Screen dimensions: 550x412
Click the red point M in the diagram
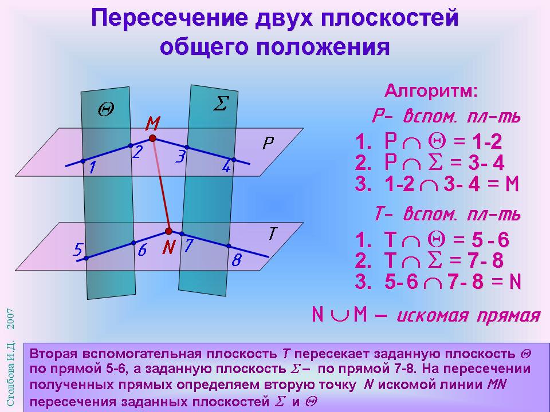pyautogui.click(x=152, y=138)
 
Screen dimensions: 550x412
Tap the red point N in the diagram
pyautogui.click(x=168, y=231)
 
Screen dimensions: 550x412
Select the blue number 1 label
pyautogui.click(x=92, y=168)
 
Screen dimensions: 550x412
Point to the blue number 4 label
pyautogui.click(x=226, y=167)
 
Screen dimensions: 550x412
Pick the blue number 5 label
pyautogui.click(x=78, y=250)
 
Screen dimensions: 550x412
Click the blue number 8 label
pyautogui.click(x=237, y=260)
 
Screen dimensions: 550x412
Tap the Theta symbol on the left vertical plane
pyautogui.click(x=105, y=110)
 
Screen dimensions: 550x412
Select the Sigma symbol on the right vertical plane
pyautogui.click(x=221, y=104)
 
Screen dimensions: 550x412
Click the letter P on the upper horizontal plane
pyautogui.click(x=268, y=143)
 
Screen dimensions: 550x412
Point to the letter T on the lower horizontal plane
pyautogui.click(x=273, y=233)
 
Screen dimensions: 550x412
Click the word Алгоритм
pyautogui.click(x=431, y=92)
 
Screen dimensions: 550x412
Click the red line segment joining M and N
pyautogui.click(x=160, y=185)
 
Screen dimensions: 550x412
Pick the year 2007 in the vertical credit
pyautogui.click(x=11, y=319)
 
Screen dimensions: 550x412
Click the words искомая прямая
pyautogui.click(x=468, y=315)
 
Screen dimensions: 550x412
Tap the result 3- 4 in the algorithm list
pyautogui.click(x=486, y=163)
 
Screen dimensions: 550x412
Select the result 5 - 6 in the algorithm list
pyautogui.click(x=490, y=240)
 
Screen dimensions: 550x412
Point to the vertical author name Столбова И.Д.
pyautogui.click(x=11, y=374)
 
